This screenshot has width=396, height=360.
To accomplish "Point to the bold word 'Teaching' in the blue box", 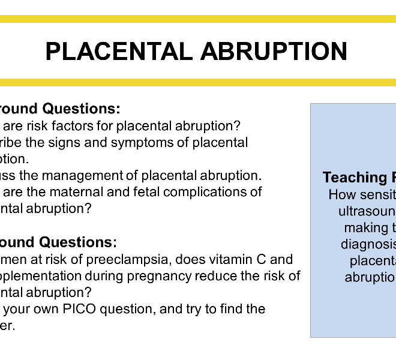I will pos(347,178).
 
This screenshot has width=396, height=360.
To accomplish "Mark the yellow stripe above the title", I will pos(198,19).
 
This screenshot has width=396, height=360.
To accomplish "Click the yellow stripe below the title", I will pos(198,83).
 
